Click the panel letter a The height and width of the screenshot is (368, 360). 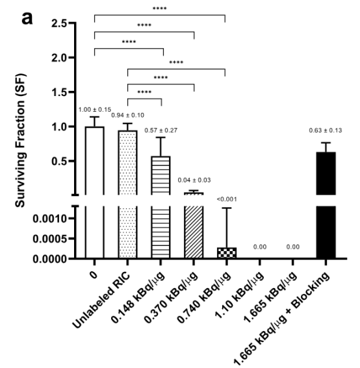tap(27, 19)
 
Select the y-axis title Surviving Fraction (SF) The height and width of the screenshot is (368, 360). tap(20, 141)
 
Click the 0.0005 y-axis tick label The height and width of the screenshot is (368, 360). tap(50, 239)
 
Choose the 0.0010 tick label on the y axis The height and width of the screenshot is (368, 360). tap(50, 219)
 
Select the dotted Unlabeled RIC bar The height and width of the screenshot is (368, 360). tap(127, 195)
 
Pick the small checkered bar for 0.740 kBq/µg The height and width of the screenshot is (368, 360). tap(227, 253)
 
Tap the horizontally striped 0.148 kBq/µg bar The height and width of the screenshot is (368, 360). tap(161, 208)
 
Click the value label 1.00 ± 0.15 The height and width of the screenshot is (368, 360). tap(95, 110)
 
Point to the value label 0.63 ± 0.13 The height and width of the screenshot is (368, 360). tap(326, 130)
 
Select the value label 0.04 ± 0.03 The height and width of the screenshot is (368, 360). tap(194, 180)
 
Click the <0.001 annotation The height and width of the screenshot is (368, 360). tap(227, 199)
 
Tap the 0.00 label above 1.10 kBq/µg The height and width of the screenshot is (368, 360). tap(260, 247)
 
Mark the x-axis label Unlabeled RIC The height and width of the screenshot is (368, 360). tap(101, 301)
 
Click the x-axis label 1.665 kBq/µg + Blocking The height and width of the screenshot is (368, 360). tap(281, 318)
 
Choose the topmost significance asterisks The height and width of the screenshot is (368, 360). tap(160, 9)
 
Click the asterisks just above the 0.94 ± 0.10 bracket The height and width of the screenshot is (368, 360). tap(144, 92)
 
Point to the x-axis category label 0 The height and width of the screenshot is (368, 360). tap(94, 275)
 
